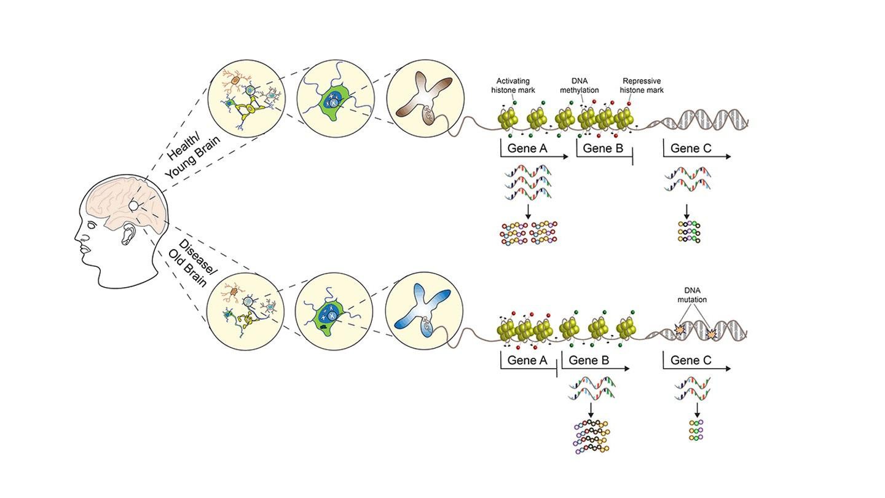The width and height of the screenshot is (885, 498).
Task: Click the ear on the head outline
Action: coord(128,234)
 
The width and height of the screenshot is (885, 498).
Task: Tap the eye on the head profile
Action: coord(92,226)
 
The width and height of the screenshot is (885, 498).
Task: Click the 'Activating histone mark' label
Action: coord(513,85)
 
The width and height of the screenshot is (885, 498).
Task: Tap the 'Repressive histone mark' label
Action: coord(641,85)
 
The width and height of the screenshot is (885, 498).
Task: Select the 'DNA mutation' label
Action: coord(692,295)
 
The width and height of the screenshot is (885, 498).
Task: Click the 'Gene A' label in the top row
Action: coord(527,148)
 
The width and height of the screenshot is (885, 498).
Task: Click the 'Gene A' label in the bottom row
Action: coord(527,360)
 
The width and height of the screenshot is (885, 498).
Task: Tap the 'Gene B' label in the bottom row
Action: coord(589,360)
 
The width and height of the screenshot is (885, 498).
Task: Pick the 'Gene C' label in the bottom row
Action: coord(691,360)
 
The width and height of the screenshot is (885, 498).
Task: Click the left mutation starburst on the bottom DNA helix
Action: coord(680,330)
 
